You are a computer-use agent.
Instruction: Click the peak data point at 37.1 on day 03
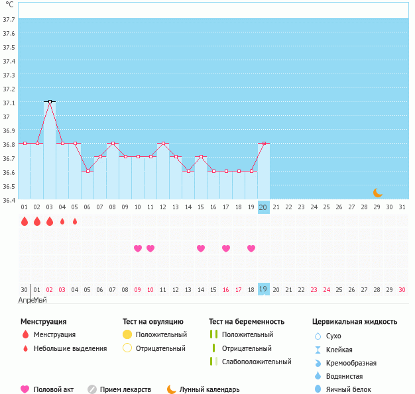point(50,102)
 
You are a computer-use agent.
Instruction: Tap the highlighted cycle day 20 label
point(263,207)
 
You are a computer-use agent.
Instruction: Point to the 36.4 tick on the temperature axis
point(9,200)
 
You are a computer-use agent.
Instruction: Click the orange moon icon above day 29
point(377,193)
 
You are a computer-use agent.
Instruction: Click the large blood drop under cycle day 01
point(25,221)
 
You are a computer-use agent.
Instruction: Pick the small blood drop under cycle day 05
point(75,221)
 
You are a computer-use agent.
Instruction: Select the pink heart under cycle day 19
point(251,248)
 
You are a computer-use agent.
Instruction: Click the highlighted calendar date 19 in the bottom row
point(263,289)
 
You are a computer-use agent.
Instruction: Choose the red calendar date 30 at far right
point(402,289)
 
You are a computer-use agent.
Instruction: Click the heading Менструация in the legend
point(43,322)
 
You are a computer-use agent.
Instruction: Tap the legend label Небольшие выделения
point(70,348)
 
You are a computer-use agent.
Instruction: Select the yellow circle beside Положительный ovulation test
point(128,334)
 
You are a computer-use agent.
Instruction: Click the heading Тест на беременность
point(246,322)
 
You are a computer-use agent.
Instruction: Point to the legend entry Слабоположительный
point(257,362)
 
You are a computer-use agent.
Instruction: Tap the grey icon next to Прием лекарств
point(92,389)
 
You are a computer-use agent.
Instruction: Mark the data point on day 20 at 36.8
point(264,143)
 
